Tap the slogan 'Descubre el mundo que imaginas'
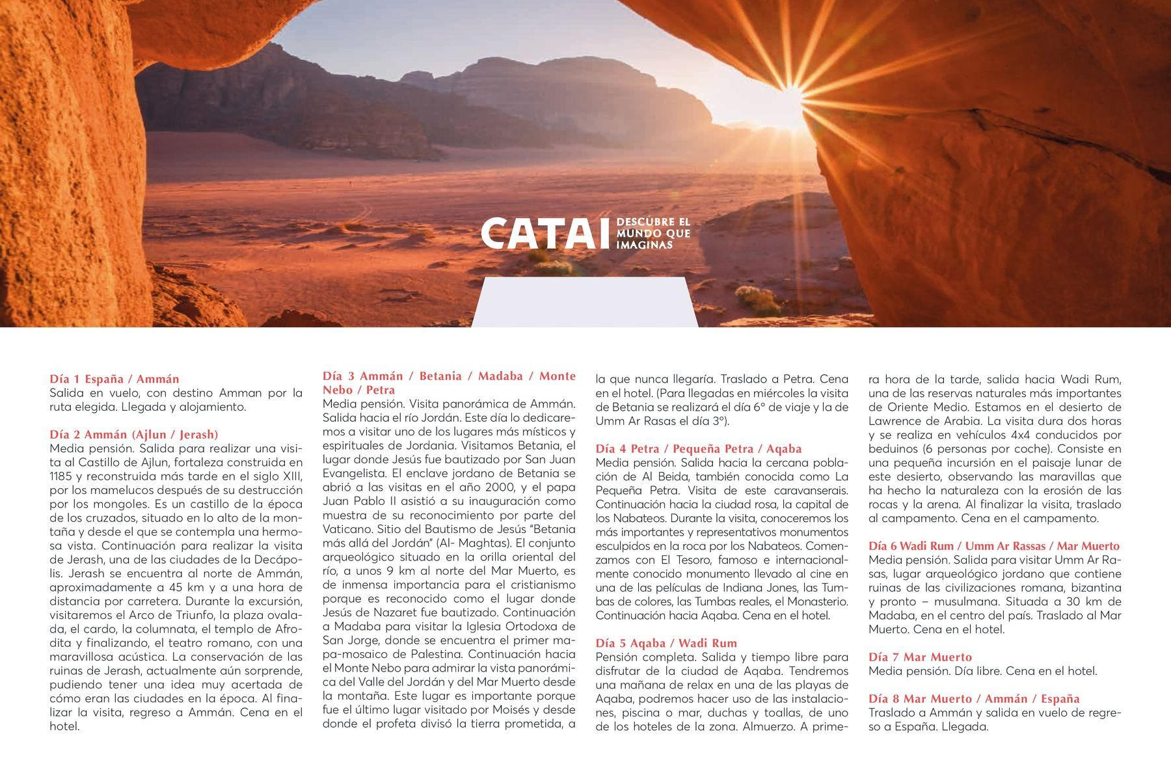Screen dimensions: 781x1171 pyautogui.click(x=653, y=234)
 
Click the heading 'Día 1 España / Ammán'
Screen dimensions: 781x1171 pyautogui.click(x=114, y=379)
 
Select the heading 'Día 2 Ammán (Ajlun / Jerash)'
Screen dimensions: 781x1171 pyautogui.click(x=134, y=434)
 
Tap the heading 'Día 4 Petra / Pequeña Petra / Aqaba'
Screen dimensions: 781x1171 pyautogui.click(x=698, y=448)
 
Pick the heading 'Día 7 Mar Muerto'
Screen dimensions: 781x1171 pyautogui.click(x=920, y=657)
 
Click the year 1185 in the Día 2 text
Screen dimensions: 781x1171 pyautogui.click(x=62, y=476)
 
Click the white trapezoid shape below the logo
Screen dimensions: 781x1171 pyautogui.click(x=584, y=301)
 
